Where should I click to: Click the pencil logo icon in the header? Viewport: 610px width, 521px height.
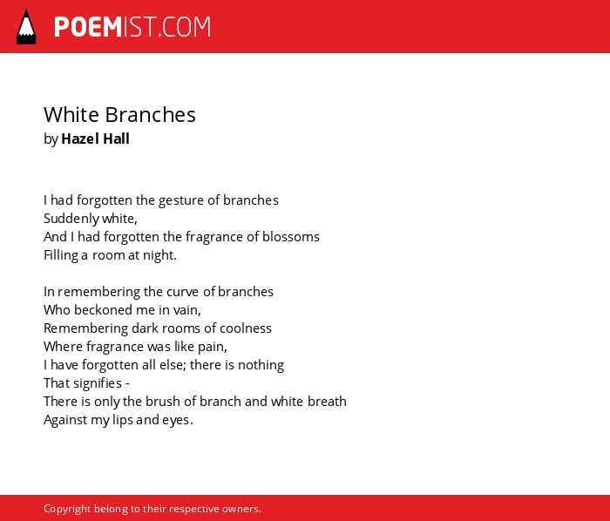pos(26,27)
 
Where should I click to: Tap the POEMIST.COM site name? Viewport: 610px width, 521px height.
pos(132,27)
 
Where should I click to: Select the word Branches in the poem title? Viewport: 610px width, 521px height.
pos(150,115)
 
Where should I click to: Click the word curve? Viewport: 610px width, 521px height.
pos(180,292)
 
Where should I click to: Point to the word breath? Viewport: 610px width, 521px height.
pos(327,402)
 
